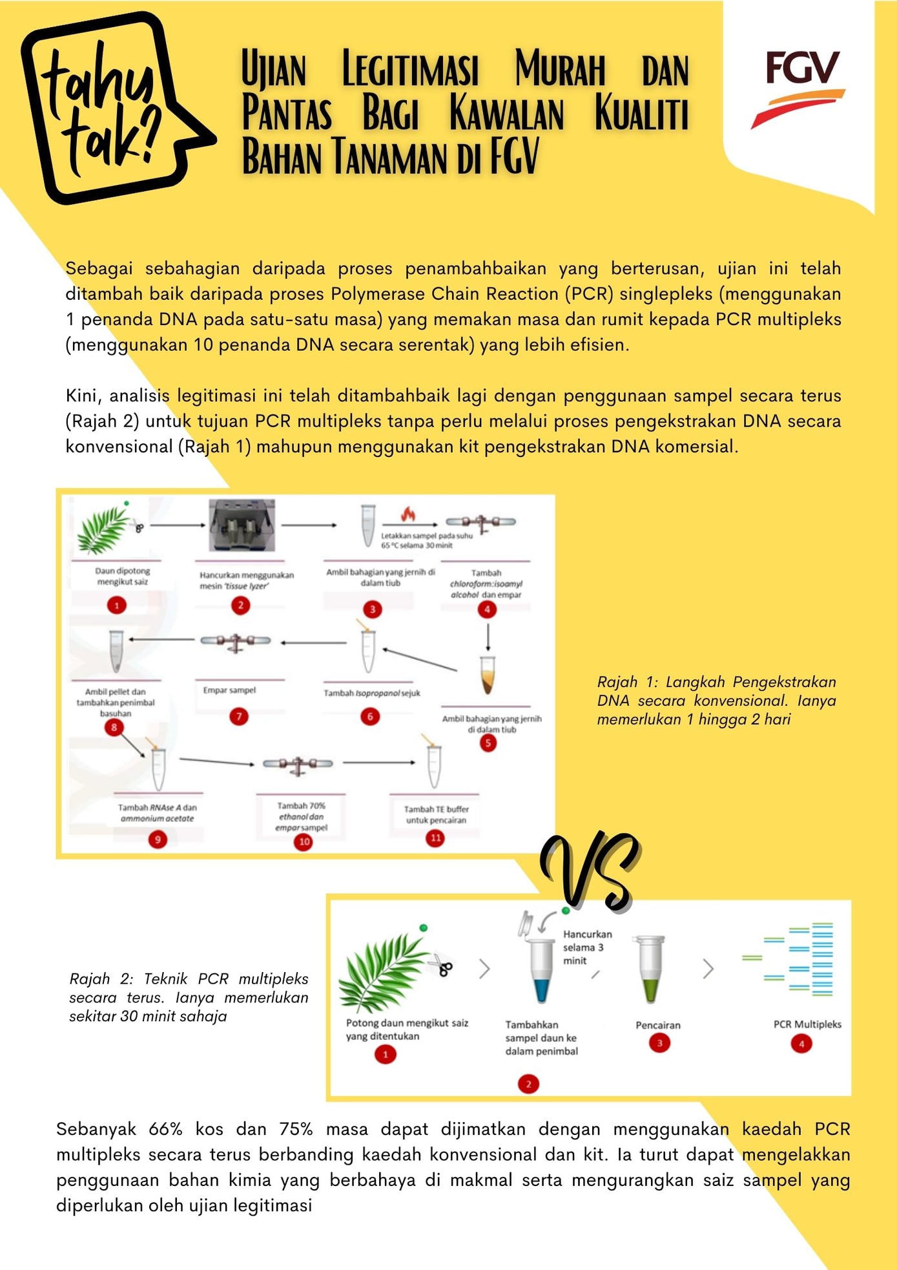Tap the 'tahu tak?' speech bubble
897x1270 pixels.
click(113, 107)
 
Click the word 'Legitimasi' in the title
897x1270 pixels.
click(410, 69)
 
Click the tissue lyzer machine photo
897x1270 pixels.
click(242, 525)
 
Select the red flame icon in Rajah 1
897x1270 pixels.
click(408, 513)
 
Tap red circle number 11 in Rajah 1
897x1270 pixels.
click(436, 838)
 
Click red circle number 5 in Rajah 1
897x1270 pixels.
click(488, 743)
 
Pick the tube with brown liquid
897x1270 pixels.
click(488, 675)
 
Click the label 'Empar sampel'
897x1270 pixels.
click(229, 690)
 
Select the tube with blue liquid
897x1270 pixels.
click(542, 969)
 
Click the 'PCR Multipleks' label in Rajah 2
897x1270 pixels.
click(807, 1024)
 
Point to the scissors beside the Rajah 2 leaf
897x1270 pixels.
click(441, 965)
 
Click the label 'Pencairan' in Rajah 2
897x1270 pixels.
click(658, 1025)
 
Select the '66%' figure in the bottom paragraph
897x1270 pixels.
click(166, 1129)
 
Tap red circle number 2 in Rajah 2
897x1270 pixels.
click(528, 1084)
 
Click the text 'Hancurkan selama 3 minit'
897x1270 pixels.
click(587, 947)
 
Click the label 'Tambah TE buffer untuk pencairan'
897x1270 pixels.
click(436, 814)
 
